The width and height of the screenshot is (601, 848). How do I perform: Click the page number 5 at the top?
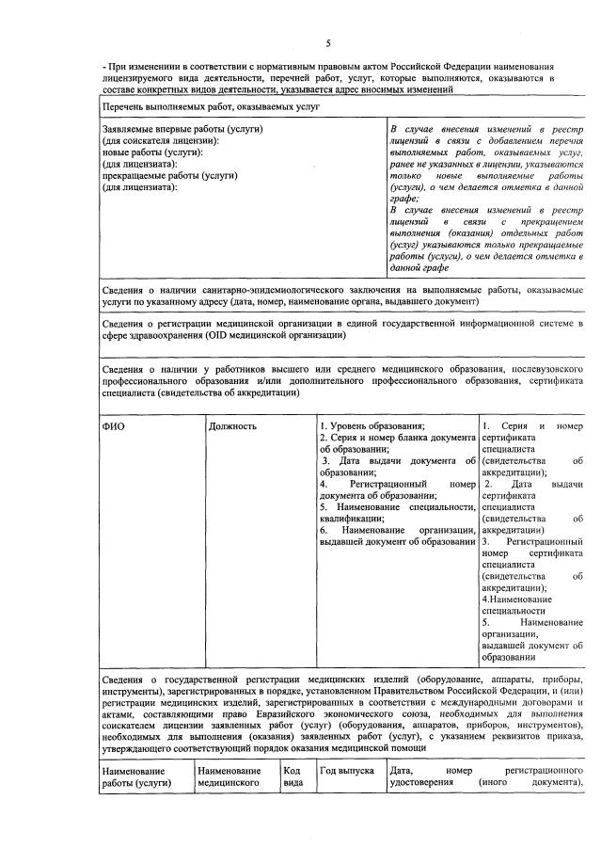pyautogui.click(x=328, y=43)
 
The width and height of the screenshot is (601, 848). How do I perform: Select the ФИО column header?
pyautogui.click(x=113, y=426)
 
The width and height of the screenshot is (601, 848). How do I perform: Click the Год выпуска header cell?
pyautogui.click(x=340, y=771)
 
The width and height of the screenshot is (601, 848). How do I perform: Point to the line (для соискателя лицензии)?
pyautogui.click(x=158, y=140)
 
